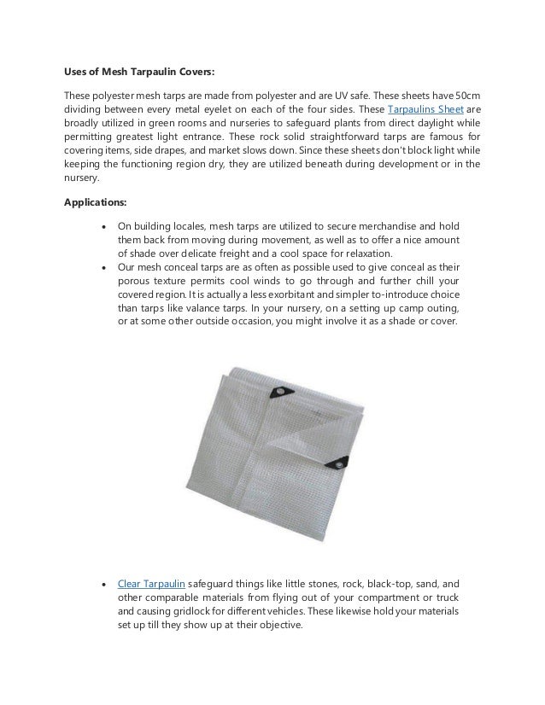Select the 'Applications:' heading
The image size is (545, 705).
tap(95, 204)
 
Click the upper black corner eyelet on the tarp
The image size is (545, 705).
tap(278, 393)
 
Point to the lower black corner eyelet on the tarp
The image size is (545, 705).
tap(335, 464)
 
